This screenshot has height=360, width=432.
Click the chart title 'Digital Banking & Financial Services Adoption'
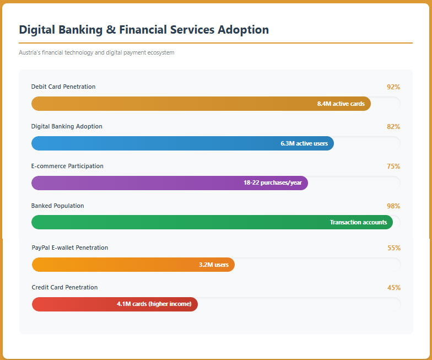pos(144,30)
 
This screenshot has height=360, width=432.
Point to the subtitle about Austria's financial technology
pos(96,52)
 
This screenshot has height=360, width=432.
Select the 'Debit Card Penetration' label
pos(63,87)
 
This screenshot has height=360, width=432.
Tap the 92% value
pos(393,87)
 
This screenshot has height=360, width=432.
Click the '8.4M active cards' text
pos(341,104)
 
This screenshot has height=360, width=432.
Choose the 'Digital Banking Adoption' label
pos(67,126)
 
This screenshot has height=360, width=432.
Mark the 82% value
pos(393,127)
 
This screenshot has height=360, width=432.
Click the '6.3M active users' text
pos(304,143)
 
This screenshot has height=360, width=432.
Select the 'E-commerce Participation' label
pos(67,166)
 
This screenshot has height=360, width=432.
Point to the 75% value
pos(393,166)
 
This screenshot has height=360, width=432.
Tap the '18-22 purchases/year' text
pos(272,182)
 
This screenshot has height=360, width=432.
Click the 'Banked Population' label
pos(57,206)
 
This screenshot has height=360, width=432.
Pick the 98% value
pos(393,206)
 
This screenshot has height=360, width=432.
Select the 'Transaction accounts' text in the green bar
pos(358,222)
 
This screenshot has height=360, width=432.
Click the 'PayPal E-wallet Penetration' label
pos(70,248)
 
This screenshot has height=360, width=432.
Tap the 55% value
pos(394,248)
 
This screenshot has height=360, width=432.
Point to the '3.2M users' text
pos(214,265)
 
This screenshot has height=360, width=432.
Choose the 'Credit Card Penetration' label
pos(65,287)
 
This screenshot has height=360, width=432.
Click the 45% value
pos(394,288)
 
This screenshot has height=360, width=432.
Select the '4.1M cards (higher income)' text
pos(154,304)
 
